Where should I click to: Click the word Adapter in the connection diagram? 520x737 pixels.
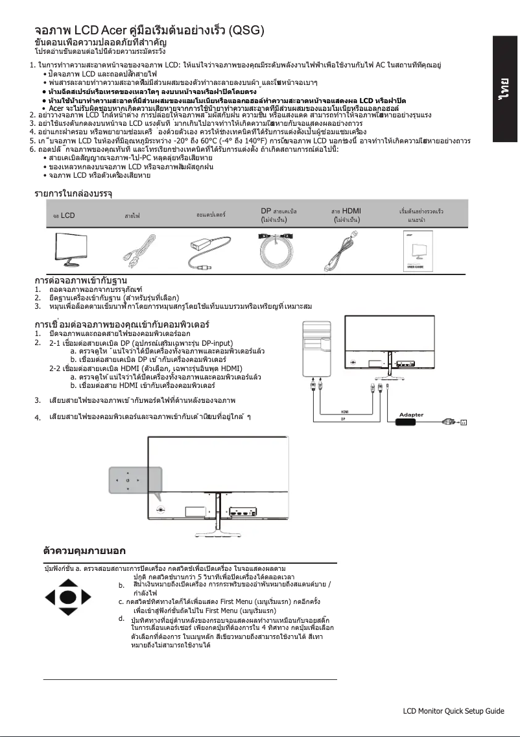pos(411,414)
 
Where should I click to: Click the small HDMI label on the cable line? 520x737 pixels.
pos(347,412)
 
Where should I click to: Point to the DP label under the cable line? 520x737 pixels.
pos(343,419)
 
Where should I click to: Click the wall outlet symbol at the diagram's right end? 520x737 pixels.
pos(463,423)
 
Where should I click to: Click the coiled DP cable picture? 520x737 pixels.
pos(277,250)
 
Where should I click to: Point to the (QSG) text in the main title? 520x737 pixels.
pos(248,30)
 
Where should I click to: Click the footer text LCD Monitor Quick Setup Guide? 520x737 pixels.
pos(453,711)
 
